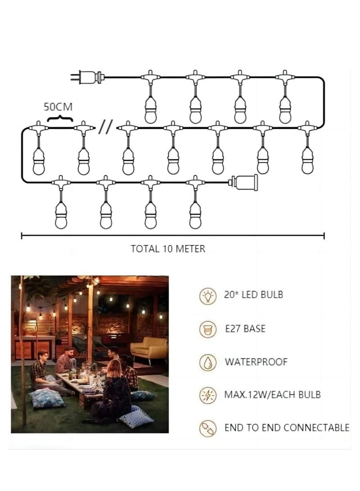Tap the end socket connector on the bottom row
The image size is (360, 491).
244,182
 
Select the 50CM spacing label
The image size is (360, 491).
58,107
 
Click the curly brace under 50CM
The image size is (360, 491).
60,118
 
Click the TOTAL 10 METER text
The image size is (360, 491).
168,249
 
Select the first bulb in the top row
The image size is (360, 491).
151,108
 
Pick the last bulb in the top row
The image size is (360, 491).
285,108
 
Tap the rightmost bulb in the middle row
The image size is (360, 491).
308,160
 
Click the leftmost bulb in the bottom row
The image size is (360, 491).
61,215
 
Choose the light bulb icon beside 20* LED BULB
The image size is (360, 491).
208,296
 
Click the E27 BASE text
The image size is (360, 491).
245,329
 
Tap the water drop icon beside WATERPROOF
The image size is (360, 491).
208,362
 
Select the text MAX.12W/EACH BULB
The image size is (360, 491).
272,395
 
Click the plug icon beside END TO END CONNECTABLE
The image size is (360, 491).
208,428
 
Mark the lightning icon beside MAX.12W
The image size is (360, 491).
208,395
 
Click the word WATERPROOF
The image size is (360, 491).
256,362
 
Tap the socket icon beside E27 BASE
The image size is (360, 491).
208,329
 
